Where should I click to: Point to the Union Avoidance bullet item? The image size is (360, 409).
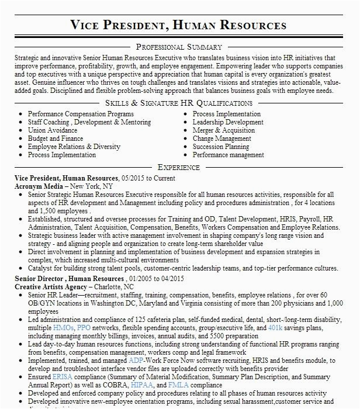(x=52, y=130)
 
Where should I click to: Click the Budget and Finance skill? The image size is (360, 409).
(x=55, y=138)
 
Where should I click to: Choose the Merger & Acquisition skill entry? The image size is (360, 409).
(x=223, y=130)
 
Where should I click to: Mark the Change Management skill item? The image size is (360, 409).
(x=221, y=138)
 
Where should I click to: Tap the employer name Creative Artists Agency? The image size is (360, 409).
(x=50, y=287)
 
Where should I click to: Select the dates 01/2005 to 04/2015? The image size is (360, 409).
(x=157, y=279)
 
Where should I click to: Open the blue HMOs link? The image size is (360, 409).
(x=63, y=330)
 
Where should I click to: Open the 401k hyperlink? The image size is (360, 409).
(x=275, y=330)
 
